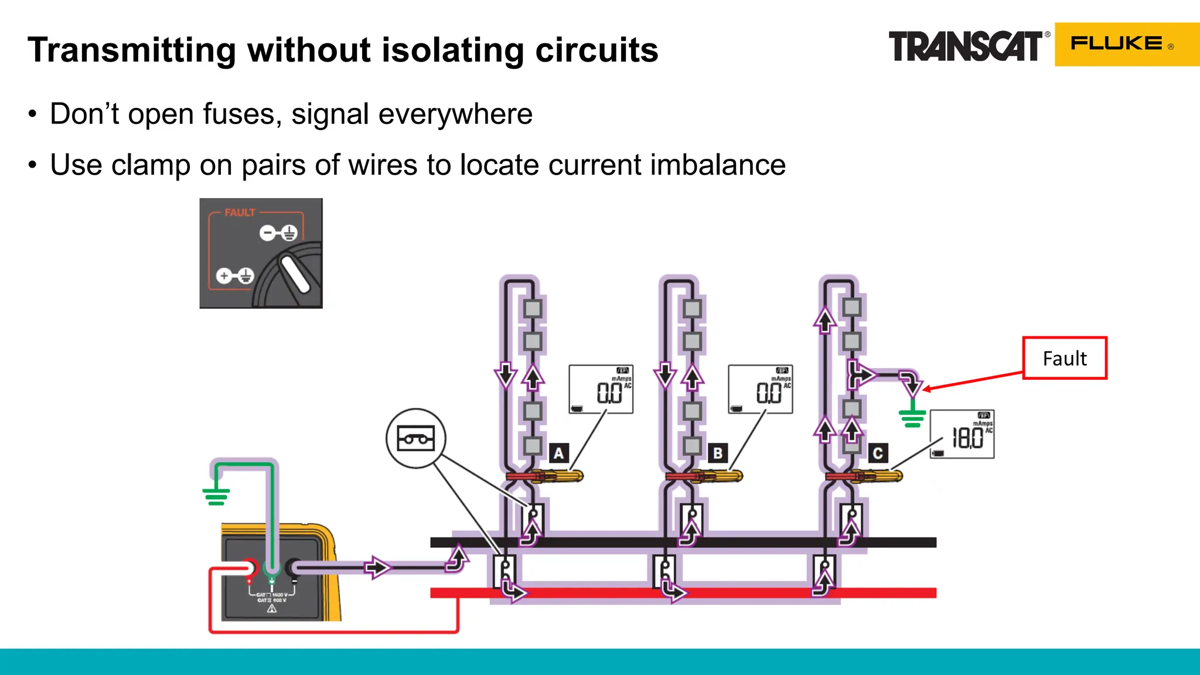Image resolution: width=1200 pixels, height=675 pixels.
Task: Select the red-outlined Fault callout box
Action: tap(1065, 358)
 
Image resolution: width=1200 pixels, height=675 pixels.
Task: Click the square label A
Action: tap(559, 453)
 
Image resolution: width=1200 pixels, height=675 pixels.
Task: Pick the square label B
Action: tap(718, 453)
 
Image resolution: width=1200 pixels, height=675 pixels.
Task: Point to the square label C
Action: tap(877, 453)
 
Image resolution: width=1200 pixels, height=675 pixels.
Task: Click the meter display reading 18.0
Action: tap(962, 435)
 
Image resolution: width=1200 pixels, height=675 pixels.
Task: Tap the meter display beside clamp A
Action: tap(601, 389)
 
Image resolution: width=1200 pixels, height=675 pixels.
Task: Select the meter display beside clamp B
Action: tap(761, 389)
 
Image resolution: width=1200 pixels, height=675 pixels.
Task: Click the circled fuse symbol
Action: tap(416, 438)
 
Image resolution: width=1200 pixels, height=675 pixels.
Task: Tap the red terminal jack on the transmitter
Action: tap(249, 567)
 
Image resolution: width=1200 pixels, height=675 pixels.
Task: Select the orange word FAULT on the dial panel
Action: tap(240, 213)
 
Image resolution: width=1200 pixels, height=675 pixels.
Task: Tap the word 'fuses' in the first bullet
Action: tap(239, 114)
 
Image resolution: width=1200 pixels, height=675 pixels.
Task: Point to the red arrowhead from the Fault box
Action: tap(926, 388)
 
